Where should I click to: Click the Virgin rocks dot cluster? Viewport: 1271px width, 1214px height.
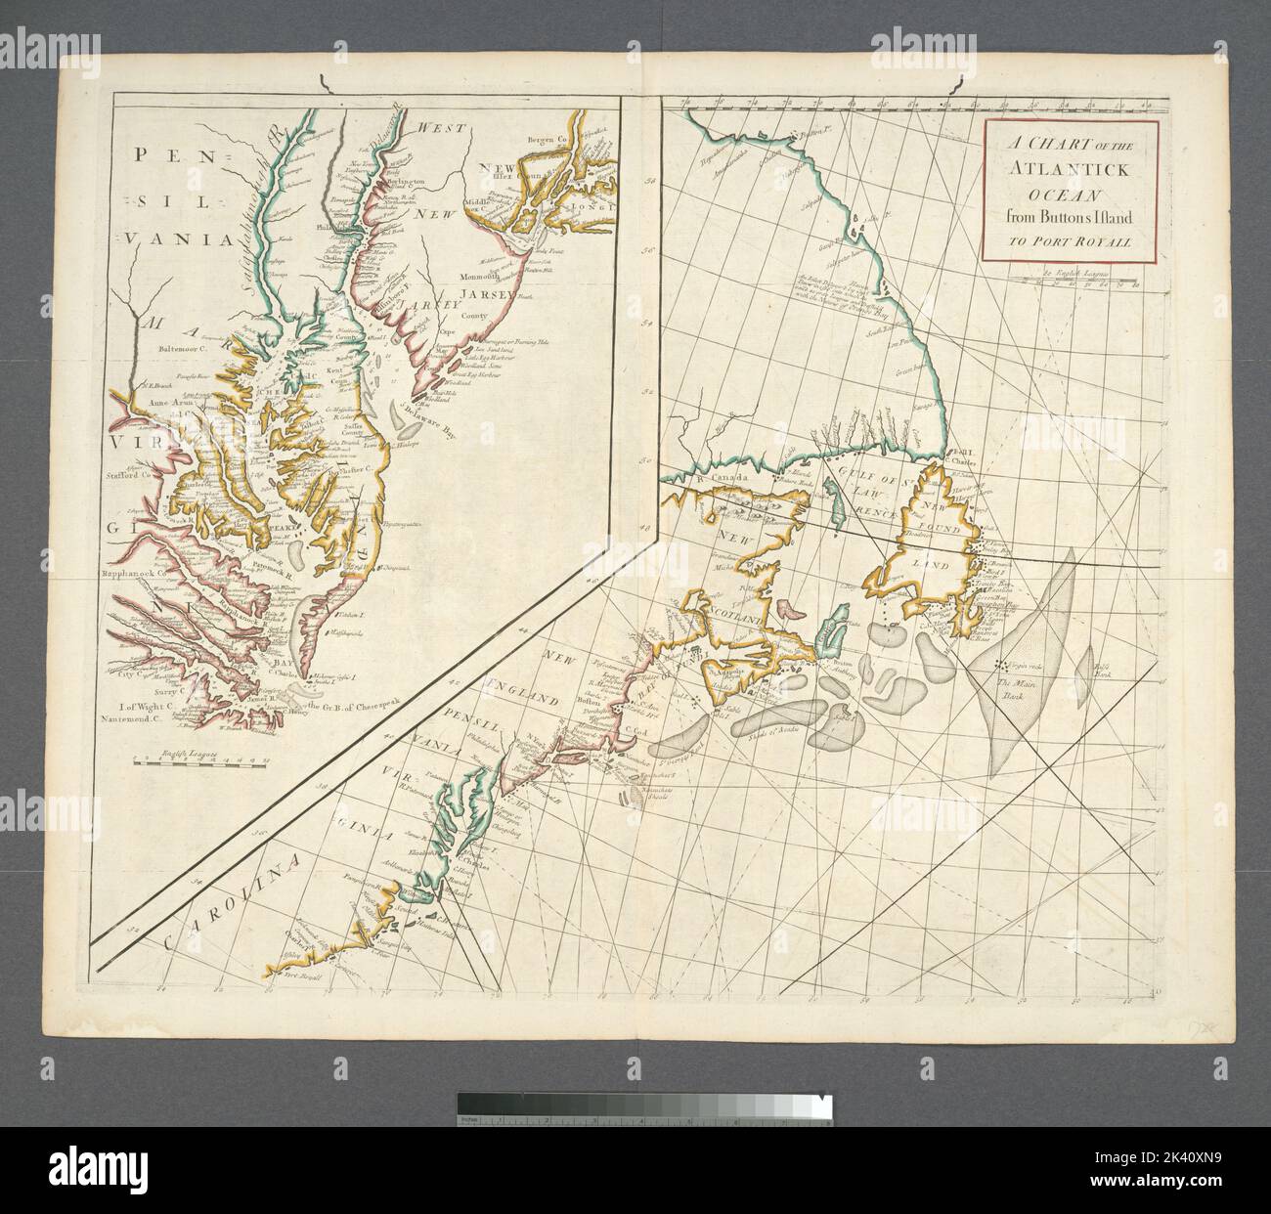pyautogui.click(x=1000, y=665)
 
